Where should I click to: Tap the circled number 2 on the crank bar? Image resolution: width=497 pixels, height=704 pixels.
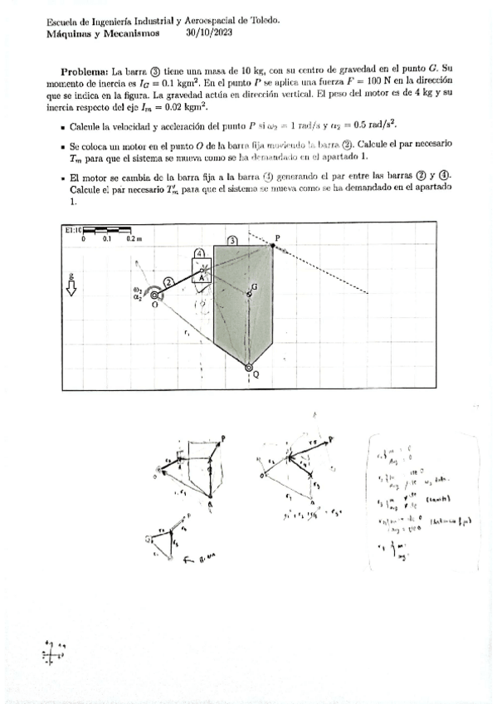(x=168, y=282)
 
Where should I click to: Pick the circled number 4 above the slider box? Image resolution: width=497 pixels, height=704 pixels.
(x=200, y=252)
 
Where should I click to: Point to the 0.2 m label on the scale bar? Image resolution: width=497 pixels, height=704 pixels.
(x=134, y=238)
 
